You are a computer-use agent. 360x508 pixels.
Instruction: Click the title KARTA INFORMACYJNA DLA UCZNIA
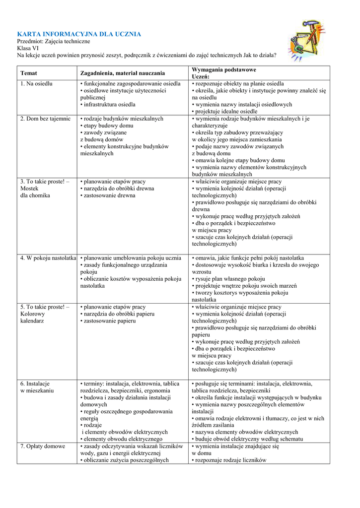coord(79,34)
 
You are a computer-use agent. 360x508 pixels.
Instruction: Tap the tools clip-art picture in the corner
coord(306,40)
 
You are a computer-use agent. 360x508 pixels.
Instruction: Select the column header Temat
coord(28,73)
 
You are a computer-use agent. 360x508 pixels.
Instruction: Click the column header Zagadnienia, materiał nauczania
coord(123,73)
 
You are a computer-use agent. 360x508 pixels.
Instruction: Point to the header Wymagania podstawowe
coord(224,70)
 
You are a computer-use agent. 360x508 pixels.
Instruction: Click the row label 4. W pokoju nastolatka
coord(48,258)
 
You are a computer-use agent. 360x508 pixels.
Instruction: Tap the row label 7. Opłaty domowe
coord(43,446)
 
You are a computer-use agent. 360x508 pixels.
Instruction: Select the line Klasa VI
coord(28,48)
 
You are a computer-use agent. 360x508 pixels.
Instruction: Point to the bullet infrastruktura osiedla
coord(109,105)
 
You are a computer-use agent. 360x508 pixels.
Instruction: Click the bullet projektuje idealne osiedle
coord(226,112)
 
